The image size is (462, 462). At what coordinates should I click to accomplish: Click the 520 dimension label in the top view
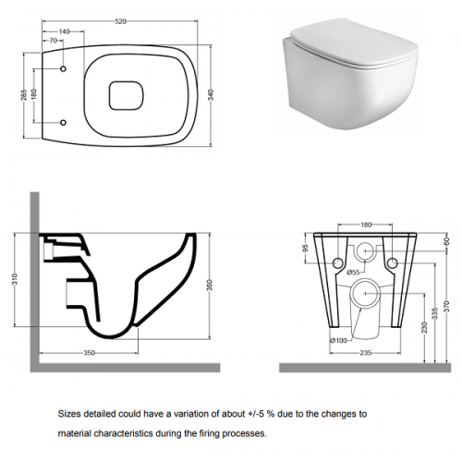120,21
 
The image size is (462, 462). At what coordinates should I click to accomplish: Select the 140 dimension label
64,31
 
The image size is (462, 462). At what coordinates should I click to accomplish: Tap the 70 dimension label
54,41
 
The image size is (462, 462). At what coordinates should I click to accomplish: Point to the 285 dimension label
24,94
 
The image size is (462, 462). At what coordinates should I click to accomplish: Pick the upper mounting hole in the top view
63,68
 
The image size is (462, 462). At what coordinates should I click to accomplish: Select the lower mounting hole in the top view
63,123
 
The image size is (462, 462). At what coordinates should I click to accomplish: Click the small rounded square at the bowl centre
127,95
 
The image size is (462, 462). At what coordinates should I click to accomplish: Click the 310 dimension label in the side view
16,279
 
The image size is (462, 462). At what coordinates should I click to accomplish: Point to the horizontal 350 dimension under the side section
90,353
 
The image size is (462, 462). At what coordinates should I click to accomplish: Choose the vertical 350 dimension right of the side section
210,285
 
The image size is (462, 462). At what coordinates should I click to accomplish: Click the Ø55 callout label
353,273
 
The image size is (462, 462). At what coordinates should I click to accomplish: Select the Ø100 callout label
338,340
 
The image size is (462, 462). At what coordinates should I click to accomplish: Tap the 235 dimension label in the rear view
366,353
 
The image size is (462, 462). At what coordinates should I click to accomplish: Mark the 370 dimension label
447,306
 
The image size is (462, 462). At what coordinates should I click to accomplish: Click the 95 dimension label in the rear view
305,249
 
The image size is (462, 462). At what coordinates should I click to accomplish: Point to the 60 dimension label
447,241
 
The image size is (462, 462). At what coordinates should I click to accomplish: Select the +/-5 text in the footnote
256,414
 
